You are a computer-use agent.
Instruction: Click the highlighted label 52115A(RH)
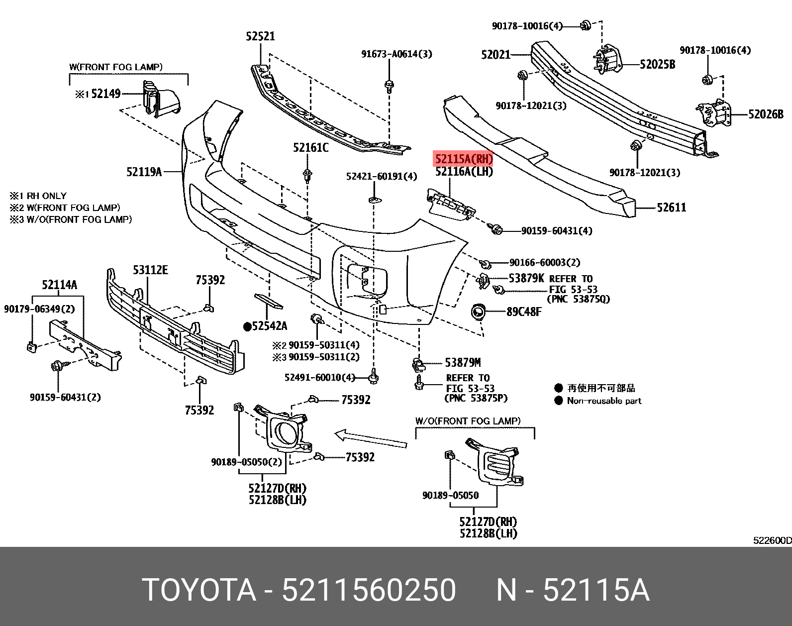click(464, 159)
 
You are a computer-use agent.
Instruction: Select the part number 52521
click(260, 36)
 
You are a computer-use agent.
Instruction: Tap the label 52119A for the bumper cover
click(144, 172)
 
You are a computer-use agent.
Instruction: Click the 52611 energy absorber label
click(671, 207)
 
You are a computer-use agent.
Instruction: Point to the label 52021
click(495, 54)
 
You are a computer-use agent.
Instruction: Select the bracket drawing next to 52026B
click(715, 114)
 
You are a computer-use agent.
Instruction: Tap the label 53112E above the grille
click(150, 270)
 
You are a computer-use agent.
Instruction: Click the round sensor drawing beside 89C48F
click(479, 312)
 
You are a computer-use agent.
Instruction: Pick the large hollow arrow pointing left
click(371, 439)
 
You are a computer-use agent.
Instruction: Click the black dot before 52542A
click(247, 326)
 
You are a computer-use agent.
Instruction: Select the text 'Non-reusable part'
click(604, 401)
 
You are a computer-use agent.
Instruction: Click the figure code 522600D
click(772, 540)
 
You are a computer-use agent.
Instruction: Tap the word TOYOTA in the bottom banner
click(199, 590)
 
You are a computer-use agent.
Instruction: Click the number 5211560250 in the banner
click(369, 590)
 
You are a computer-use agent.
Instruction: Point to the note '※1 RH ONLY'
click(38, 196)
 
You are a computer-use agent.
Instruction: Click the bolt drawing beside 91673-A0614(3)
click(390, 87)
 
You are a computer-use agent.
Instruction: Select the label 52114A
click(59, 285)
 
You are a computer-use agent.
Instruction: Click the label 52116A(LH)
click(464, 172)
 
